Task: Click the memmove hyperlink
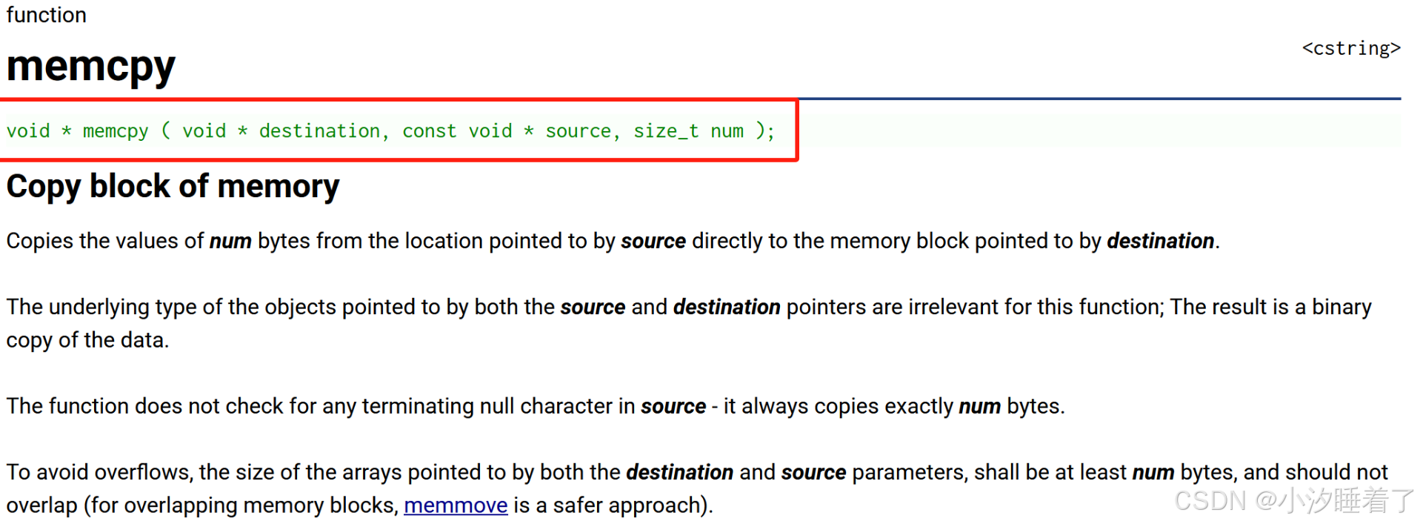pos(456,505)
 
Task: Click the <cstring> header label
pos(1351,49)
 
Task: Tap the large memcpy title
pos(90,67)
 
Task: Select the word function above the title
pos(46,15)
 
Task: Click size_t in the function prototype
pos(665,131)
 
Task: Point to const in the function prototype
pos(429,131)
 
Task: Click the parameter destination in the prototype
pos(319,131)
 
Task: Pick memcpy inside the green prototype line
pos(115,131)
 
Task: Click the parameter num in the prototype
pos(727,131)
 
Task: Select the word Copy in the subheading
pos(43,187)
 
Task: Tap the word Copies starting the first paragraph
pos(40,241)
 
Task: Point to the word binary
pos(1341,307)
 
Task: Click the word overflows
pos(143,472)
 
